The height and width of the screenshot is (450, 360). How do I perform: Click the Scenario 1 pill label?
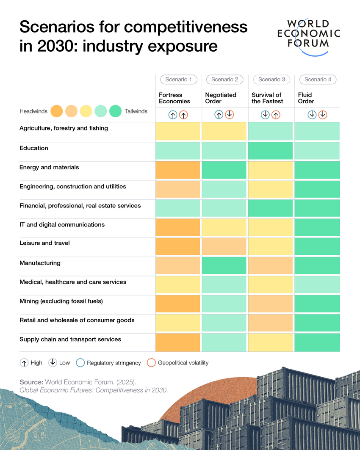(x=178, y=80)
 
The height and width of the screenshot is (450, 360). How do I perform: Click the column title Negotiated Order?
(x=221, y=98)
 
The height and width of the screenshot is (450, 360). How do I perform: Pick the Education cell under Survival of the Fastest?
(x=270, y=151)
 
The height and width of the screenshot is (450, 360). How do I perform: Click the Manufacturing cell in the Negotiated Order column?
(x=224, y=265)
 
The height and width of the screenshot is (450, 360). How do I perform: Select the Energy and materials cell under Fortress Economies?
(x=177, y=170)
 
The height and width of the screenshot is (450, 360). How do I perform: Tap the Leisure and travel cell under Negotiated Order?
(x=224, y=246)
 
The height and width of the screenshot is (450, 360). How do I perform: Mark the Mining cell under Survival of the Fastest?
(x=270, y=304)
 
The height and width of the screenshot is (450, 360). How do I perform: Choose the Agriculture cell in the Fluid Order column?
(x=317, y=131)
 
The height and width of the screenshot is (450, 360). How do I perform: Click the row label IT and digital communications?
(x=62, y=225)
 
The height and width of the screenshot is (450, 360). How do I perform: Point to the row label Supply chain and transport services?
(x=70, y=340)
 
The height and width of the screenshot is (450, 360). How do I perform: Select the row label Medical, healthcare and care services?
(x=73, y=282)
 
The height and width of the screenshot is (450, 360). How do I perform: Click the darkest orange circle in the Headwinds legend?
(x=56, y=111)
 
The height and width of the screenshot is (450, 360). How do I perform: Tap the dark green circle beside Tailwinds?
(x=115, y=111)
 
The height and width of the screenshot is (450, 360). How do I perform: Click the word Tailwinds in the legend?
(x=136, y=111)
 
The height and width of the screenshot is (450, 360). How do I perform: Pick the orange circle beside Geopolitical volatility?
(x=151, y=363)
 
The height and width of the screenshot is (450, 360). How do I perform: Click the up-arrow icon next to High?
(x=24, y=363)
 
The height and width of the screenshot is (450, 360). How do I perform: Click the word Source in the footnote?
(x=31, y=382)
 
